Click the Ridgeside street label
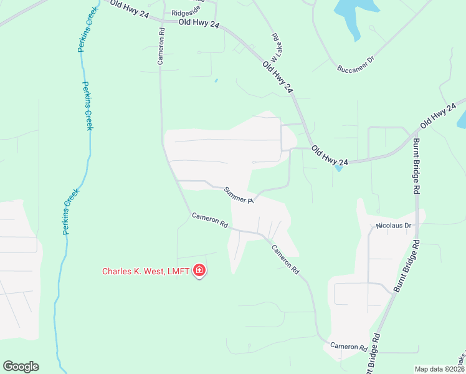[x=187, y=12]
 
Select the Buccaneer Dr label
[x=355, y=64]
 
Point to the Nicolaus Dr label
[x=394, y=225]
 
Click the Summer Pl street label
[x=238, y=196]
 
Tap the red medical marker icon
[x=200, y=271]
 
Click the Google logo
[x=21, y=367]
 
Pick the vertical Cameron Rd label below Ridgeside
[x=161, y=46]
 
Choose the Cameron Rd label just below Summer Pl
[x=210, y=220]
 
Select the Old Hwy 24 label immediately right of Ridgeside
[x=199, y=24]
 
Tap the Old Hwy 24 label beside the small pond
[x=330, y=155]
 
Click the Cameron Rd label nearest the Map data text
[x=348, y=346]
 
